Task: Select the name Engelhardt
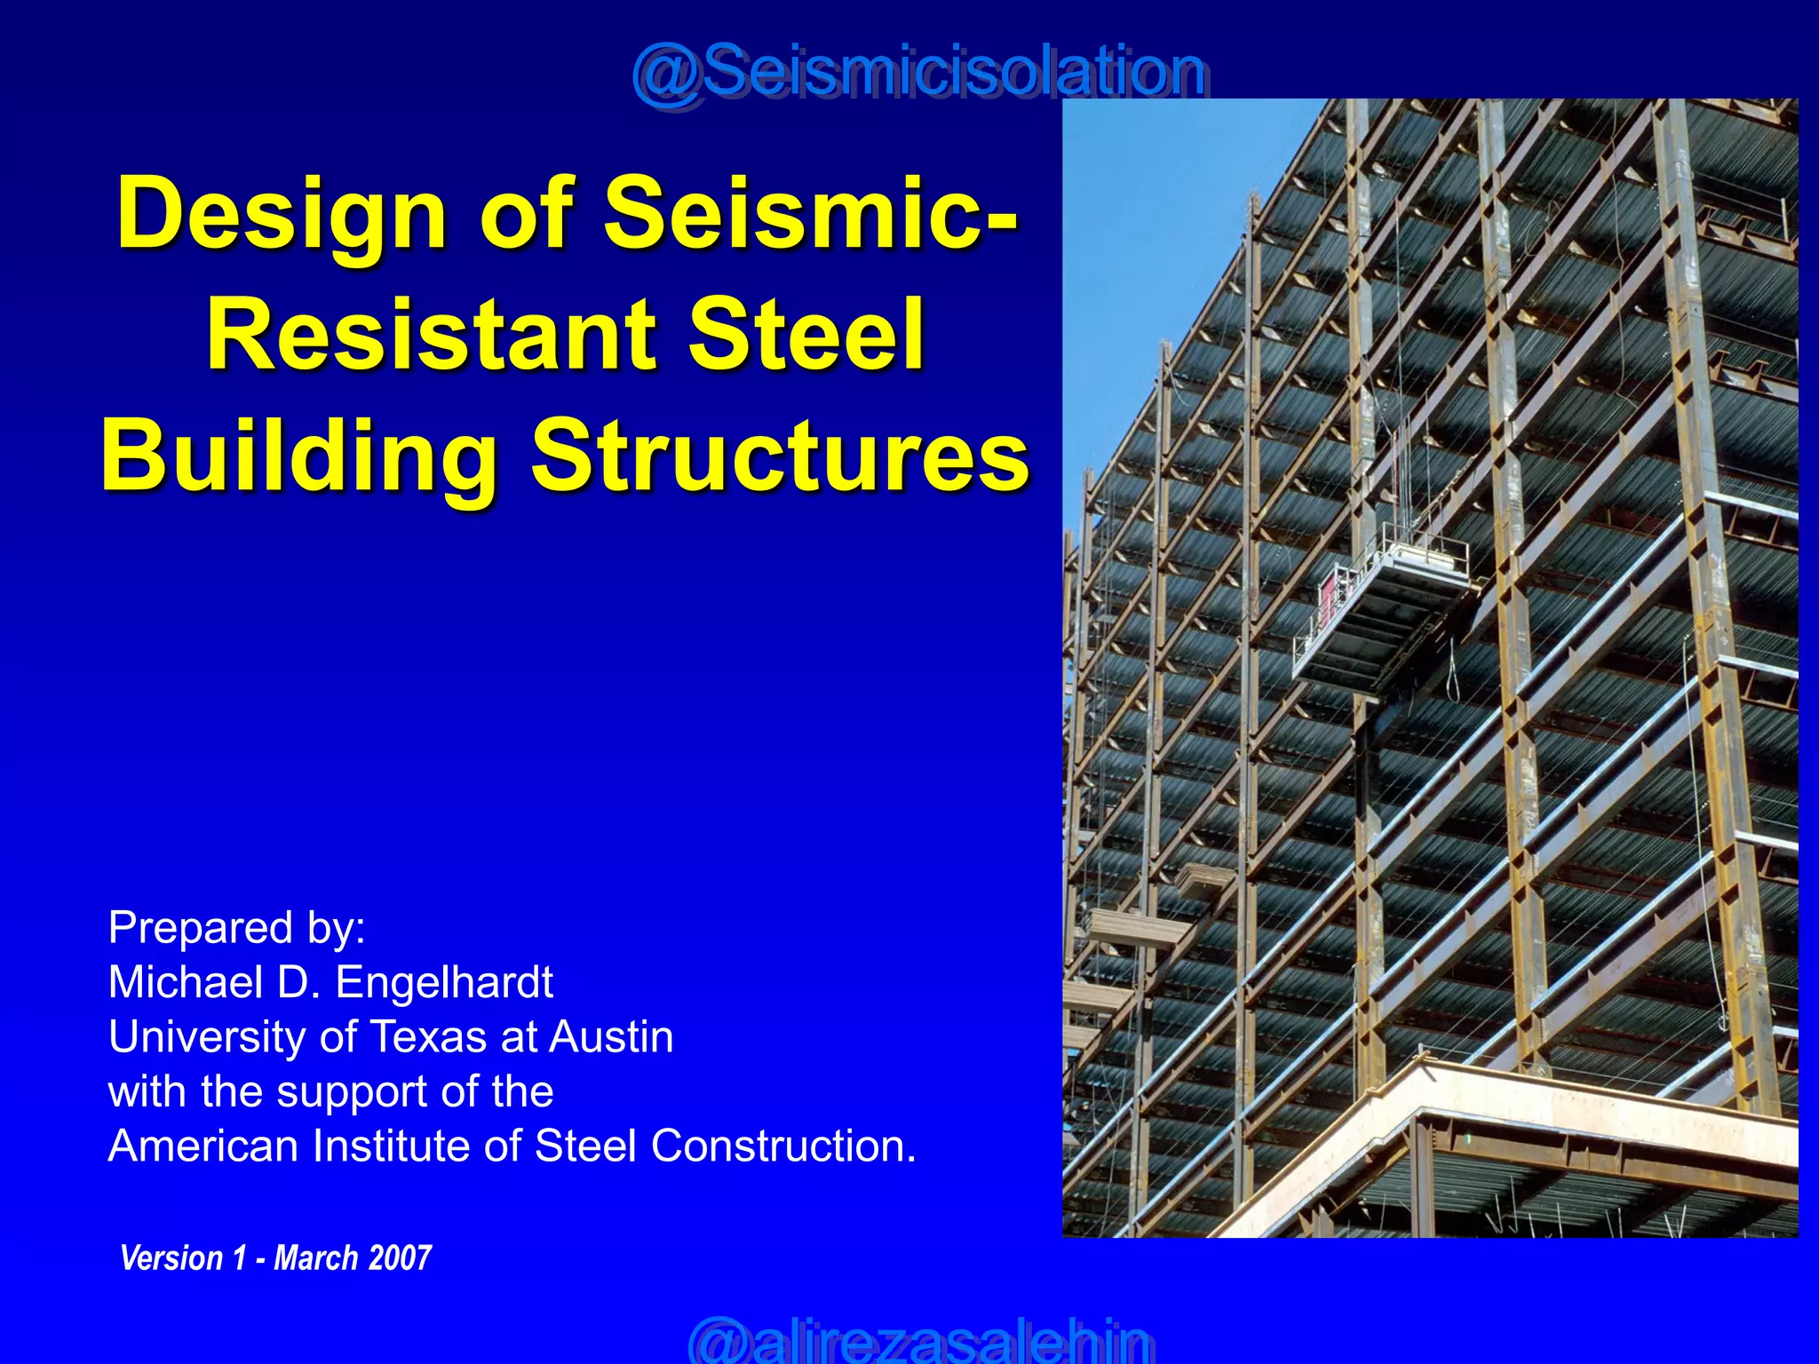[x=444, y=982]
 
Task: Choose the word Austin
[x=612, y=1037]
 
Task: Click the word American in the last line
[x=203, y=1146]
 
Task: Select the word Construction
[x=782, y=1146]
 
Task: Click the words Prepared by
[x=236, y=928]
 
